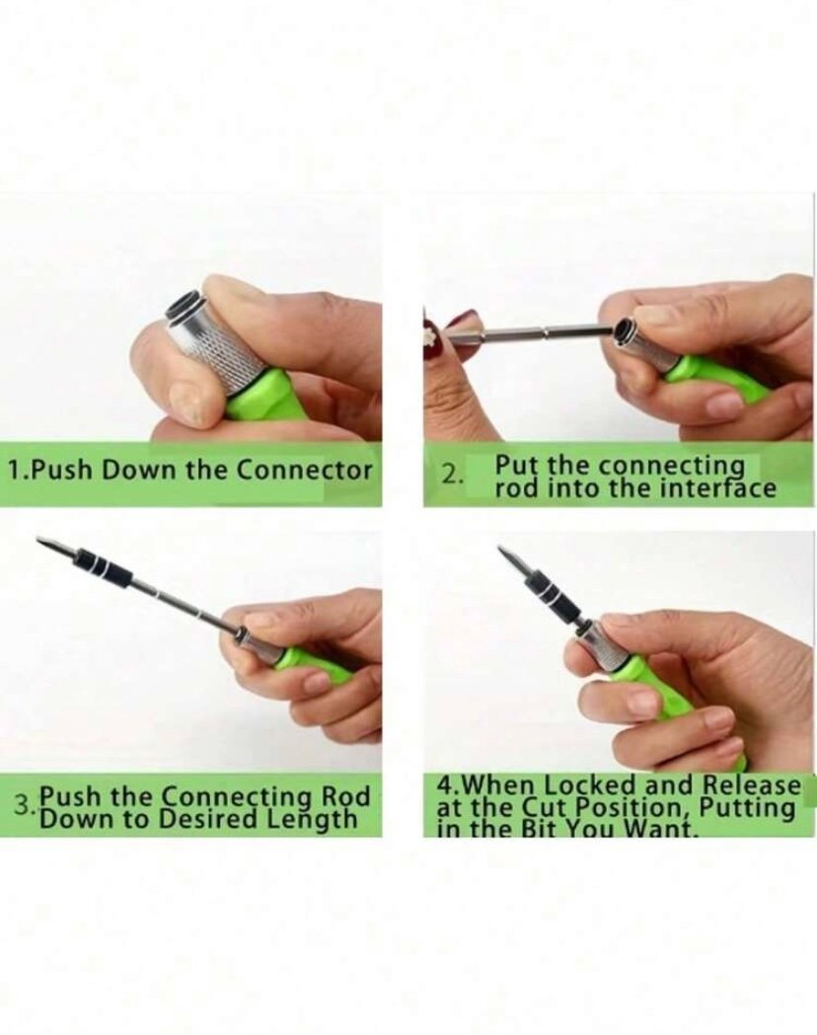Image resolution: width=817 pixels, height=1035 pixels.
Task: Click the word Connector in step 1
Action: [x=304, y=471]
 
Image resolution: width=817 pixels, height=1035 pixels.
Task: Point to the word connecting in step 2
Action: [x=671, y=467]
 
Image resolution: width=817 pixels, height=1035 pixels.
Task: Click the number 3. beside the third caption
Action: [x=25, y=805]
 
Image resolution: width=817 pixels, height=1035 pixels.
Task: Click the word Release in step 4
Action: [x=751, y=785]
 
